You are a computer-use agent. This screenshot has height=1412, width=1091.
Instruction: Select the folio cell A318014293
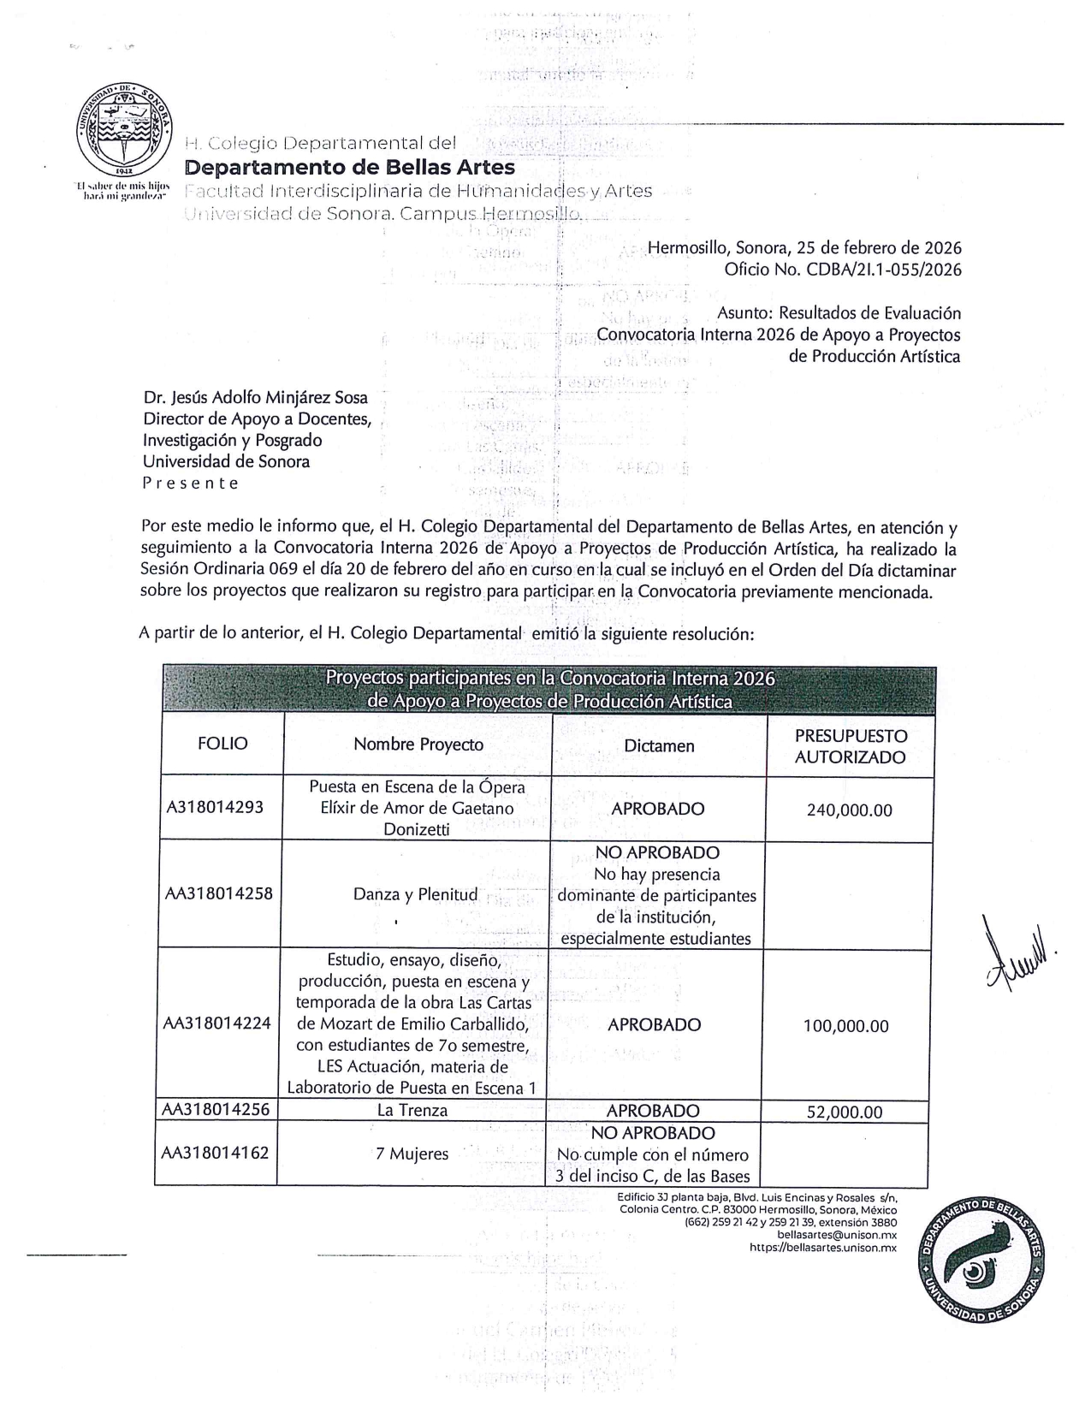(215, 807)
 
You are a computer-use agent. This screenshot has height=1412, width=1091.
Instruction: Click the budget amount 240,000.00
(849, 810)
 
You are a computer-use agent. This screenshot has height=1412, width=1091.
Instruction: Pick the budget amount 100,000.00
(845, 1025)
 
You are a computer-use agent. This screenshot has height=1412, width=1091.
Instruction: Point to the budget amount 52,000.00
(844, 1112)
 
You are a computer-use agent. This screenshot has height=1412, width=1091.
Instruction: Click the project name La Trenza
(412, 1111)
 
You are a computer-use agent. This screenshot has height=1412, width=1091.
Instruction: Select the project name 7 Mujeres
(412, 1154)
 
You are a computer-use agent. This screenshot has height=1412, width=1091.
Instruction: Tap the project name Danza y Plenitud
(415, 894)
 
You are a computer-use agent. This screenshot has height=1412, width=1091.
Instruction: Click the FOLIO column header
(222, 743)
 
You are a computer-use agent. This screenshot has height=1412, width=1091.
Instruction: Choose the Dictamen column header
(658, 745)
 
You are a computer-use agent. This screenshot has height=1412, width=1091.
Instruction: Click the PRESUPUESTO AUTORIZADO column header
(850, 745)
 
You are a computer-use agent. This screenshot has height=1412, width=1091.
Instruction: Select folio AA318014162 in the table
(216, 1153)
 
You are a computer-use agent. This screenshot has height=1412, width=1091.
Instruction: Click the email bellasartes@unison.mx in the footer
(836, 1235)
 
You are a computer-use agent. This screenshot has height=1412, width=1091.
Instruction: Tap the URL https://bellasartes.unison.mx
(822, 1248)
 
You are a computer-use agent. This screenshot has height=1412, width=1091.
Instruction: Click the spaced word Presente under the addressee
(190, 483)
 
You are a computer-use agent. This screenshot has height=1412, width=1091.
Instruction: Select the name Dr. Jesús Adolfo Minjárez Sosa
(255, 398)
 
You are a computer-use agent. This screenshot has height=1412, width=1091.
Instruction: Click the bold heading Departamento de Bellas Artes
(350, 167)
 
